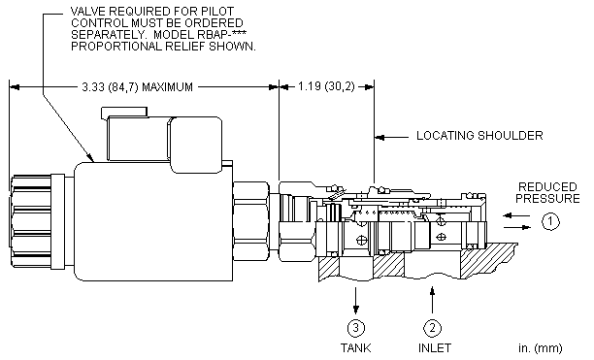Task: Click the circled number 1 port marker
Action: point(550,221)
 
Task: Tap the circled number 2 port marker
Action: point(432,328)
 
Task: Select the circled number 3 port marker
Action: point(355,328)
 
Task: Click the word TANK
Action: point(355,348)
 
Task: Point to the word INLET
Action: point(435,348)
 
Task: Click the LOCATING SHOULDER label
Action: point(479,136)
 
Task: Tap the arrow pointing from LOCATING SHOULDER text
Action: point(392,137)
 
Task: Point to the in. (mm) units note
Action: point(541,348)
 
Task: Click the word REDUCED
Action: point(547,187)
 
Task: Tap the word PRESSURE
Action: point(547,198)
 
